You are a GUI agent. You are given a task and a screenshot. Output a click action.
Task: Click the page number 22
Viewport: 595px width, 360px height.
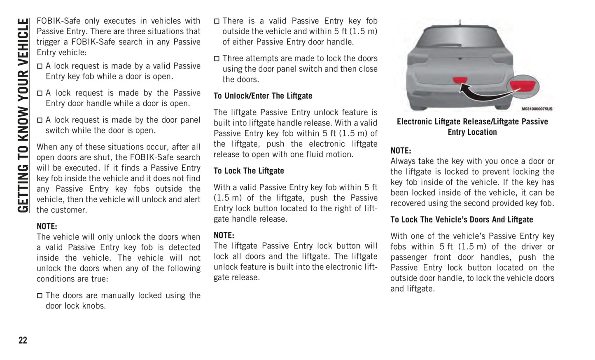pos(23,340)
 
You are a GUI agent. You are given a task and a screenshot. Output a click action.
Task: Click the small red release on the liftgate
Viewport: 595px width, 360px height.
pos(460,80)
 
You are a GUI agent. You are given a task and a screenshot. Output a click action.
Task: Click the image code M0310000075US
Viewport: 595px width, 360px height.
pos(537,109)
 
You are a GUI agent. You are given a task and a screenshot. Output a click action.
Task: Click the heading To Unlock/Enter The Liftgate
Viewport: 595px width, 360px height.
pos(263,96)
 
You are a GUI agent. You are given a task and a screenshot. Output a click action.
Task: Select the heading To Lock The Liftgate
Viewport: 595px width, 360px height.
pos(249,171)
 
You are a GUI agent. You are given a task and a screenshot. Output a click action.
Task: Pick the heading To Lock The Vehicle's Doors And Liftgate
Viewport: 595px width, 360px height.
pos(462,220)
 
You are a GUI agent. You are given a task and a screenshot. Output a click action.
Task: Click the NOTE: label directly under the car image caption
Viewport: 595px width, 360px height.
pos(401,151)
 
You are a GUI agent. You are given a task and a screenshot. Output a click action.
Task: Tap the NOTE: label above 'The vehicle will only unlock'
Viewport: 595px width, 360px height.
pos(47,227)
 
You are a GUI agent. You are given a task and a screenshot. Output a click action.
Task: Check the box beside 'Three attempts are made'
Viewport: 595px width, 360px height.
pos(217,59)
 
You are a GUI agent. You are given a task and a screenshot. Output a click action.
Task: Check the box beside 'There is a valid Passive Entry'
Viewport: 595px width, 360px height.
pos(217,21)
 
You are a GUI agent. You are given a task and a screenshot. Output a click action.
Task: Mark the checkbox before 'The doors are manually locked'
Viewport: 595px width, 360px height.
pos(40,296)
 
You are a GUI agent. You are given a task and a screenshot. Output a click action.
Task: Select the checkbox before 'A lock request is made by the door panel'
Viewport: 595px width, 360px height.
pos(40,120)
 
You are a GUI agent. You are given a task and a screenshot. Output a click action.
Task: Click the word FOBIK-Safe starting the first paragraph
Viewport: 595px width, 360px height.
pos(58,21)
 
